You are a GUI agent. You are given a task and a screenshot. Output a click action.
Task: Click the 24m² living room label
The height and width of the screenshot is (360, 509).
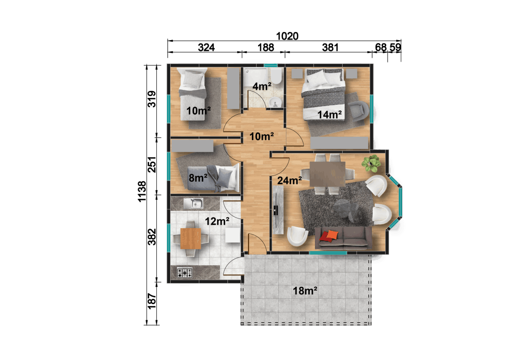[290, 181]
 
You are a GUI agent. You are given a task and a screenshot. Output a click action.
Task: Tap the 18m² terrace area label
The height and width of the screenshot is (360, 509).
[306, 290]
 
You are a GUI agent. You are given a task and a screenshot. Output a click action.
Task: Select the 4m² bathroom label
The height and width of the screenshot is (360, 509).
[262, 87]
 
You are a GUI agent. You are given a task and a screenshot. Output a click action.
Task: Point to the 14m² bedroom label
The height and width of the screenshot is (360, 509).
[330, 114]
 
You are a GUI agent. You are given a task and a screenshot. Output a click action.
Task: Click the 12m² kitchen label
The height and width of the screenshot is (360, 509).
[217, 221]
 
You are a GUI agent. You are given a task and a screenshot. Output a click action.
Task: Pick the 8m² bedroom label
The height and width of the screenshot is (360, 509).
[198, 178]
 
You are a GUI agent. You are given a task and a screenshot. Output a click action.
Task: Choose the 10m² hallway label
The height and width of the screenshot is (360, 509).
[261, 137]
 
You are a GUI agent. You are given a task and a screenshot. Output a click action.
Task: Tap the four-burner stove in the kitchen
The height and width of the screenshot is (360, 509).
[185, 273]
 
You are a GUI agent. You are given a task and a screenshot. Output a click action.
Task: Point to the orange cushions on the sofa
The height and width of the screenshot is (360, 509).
[330, 235]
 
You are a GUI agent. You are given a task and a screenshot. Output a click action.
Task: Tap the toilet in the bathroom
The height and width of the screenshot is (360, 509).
[276, 78]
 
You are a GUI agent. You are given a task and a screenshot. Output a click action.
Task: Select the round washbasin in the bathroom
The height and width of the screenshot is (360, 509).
[275, 102]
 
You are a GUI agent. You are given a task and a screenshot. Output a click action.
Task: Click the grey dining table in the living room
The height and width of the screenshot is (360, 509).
[327, 174]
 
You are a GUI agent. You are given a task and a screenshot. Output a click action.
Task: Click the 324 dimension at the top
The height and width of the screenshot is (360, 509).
[206, 47]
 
